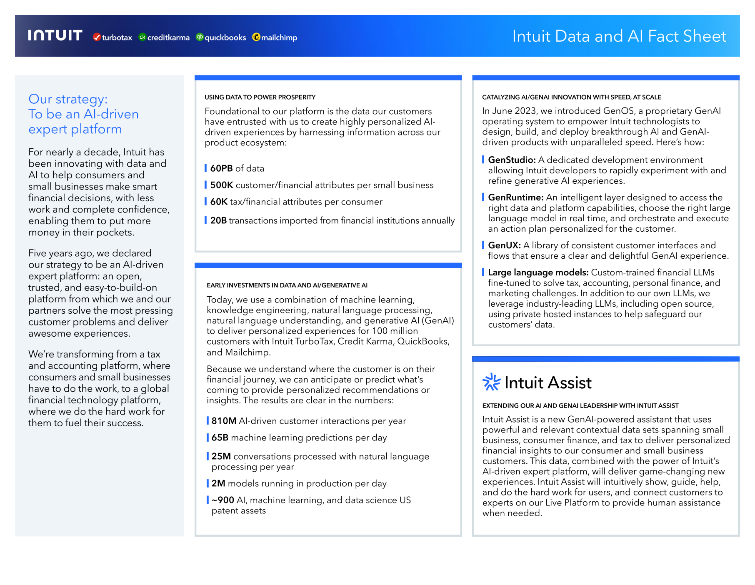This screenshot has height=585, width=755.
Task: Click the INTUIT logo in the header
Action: coord(55,35)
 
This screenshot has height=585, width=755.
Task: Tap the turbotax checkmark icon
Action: coord(97,37)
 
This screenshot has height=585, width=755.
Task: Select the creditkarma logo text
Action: coord(168,37)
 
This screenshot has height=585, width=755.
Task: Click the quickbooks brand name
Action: coord(225,37)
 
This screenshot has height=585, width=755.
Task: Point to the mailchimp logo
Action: coord(275,37)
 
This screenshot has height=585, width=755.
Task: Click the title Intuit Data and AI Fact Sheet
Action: coord(619,36)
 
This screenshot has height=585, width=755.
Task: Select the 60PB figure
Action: coord(221,168)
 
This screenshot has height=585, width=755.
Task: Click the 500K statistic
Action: coord(222,185)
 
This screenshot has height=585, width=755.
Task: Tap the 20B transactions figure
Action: coord(218,220)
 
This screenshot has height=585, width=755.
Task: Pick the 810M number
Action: coord(224,421)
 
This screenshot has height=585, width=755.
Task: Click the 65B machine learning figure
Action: coord(220,437)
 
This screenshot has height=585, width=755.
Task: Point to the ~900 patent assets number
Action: coord(223,500)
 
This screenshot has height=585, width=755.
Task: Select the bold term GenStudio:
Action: coord(512,160)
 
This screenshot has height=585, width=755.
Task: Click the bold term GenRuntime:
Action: coord(516,197)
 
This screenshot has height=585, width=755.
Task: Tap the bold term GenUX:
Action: coord(504,245)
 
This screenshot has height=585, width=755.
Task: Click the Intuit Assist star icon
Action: coord(491,382)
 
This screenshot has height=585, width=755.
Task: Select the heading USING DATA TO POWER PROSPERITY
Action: coord(260,97)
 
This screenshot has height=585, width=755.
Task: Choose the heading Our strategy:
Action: coord(68,99)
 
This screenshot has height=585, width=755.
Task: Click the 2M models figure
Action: coord(218,483)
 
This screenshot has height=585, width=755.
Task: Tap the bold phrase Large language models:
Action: coord(538,272)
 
